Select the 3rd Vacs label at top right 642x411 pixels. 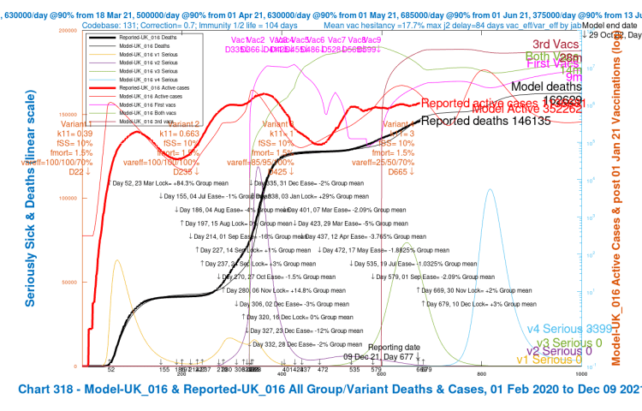553,44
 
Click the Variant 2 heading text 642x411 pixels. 184,124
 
